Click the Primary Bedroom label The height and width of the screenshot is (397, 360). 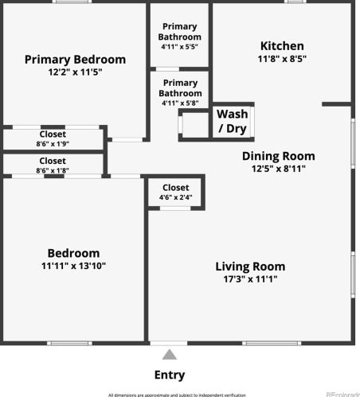pos(75,59)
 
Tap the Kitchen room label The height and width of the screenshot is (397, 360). pos(282,46)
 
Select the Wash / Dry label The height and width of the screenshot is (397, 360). pos(232,121)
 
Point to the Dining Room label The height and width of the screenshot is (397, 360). pos(278,156)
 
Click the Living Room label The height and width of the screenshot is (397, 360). pos(250,267)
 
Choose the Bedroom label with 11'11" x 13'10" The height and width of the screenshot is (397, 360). pos(72,253)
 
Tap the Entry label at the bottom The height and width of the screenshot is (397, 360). pos(169,375)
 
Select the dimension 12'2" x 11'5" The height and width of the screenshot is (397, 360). pos(74,72)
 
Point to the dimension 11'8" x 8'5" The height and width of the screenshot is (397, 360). pos(282,59)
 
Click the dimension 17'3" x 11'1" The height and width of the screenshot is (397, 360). pos(250,279)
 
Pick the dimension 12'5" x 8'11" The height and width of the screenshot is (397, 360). pos(278,168)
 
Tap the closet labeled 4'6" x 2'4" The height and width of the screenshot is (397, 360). pos(175,192)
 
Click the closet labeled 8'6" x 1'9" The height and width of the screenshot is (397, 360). pos(51,139)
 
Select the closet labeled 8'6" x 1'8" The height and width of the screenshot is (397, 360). pos(51,165)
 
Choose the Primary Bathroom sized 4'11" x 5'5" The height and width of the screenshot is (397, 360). pos(179,37)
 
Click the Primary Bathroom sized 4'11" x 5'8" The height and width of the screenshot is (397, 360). pos(179,92)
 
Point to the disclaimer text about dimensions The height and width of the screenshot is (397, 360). pos(177,394)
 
